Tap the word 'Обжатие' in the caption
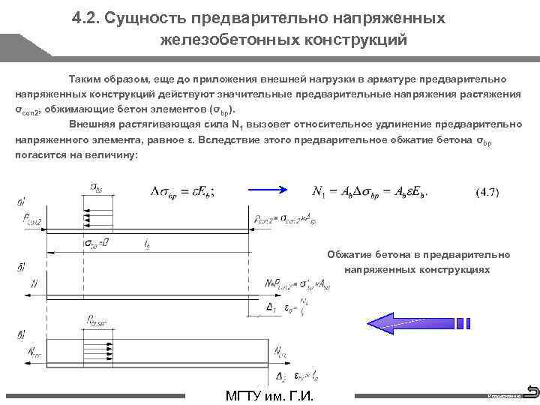click(x=351, y=254)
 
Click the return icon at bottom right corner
click(x=532, y=390)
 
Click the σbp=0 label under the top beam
click(x=95, y=243)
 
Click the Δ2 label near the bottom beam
click(x=280, y=376)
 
